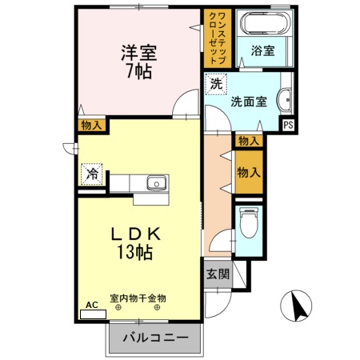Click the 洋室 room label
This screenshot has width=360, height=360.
tap(138, 53)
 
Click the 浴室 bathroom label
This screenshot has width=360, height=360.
tap(262, 50)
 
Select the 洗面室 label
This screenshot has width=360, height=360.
tap(247, 102)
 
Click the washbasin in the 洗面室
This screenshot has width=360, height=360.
tap(285, 102)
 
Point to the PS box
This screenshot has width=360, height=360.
tap(288, 126)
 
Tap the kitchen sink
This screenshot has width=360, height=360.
tap(156, 183)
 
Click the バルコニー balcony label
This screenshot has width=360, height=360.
tap(155, 338)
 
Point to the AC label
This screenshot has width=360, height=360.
tap(91, 305)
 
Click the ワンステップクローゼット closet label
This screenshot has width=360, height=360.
tap(218, 38)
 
